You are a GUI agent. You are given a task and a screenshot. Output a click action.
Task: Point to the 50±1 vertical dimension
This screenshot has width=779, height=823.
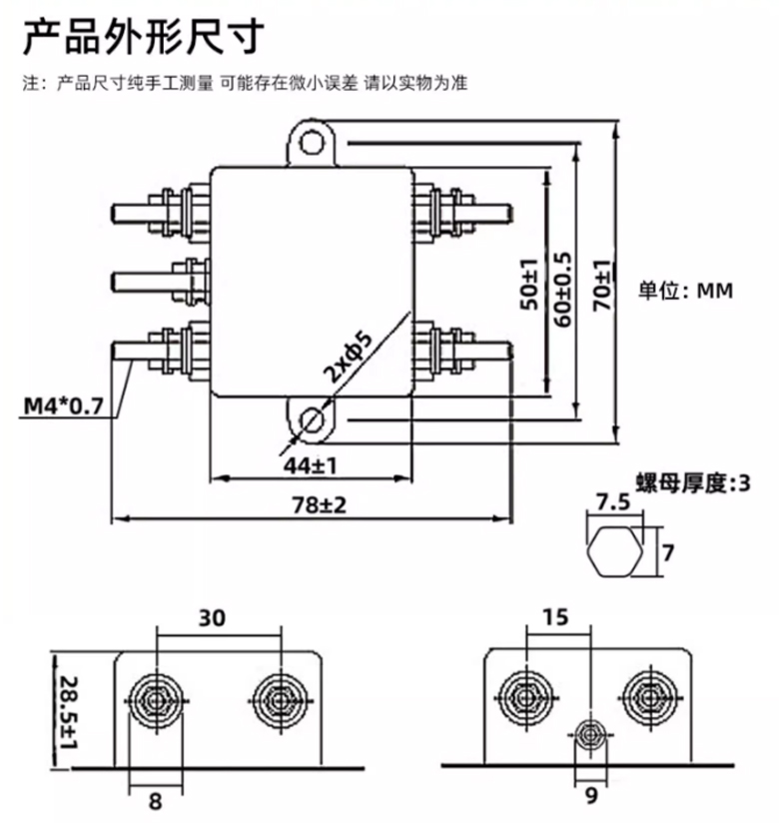[x=528, y=282]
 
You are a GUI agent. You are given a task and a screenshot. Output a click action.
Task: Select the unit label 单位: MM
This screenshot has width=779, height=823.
[x=685, y=292]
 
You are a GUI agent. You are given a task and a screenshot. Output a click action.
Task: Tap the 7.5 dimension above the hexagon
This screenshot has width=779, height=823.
[x=613, y=501]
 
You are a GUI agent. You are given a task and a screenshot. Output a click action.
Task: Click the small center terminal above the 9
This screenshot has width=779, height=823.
[x=588, y=735]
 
